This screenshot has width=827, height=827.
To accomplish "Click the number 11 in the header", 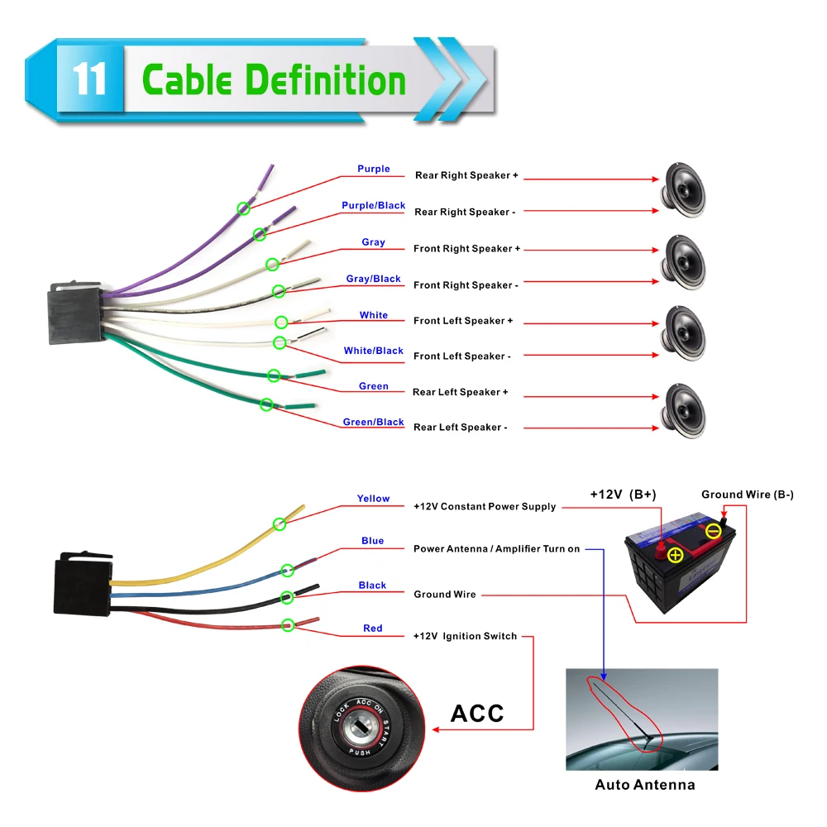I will pyautogui.click(x=89, y=80).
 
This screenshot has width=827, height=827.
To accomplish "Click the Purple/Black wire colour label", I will pyautogui.click(x=373, y=205).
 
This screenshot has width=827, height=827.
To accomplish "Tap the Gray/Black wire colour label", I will pyautogui.click(x=373, y=279).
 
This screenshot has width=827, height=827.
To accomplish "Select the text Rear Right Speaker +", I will pyautogui.click(x=466, y=175).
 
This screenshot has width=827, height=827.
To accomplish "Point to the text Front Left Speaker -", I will pyautogui.click(x=461, y=356).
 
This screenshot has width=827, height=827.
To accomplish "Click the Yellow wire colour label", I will pyautogui.click(x=373, y=499).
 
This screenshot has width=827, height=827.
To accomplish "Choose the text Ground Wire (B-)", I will pyautogui.click(x=747, y=495).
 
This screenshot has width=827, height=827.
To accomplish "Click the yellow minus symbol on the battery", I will pyautogui.click(x=713, y=531).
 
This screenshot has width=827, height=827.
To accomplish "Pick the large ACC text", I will pyautogui.click(x=477, y=713).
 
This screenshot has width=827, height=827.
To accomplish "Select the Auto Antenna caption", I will pyautogui.click(x=645, y=785).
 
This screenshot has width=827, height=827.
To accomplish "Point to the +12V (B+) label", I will pyautogui.click(x=623, y=495).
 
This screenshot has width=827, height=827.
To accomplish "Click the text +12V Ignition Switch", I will pyautogui.click(x=465, y=636).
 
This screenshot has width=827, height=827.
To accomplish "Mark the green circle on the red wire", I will pyautogui.click(x=287, y=625).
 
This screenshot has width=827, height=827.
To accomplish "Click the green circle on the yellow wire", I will pyautogui.click(x=280, y=523).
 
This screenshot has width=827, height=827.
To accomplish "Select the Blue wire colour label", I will pyautogui.click(x=372, y=541).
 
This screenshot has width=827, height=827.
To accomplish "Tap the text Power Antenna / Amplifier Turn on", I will pyautogui.click(x=496, y=549).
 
